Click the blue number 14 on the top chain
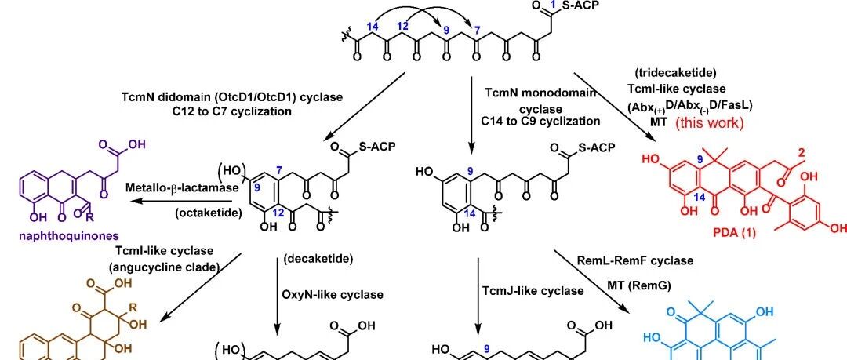[372, 26]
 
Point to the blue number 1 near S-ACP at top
[551, 5]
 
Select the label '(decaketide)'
[318, 259]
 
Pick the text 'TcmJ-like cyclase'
[533, 291]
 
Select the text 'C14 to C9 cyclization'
[540, 121]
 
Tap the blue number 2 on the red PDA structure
[801, 154]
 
